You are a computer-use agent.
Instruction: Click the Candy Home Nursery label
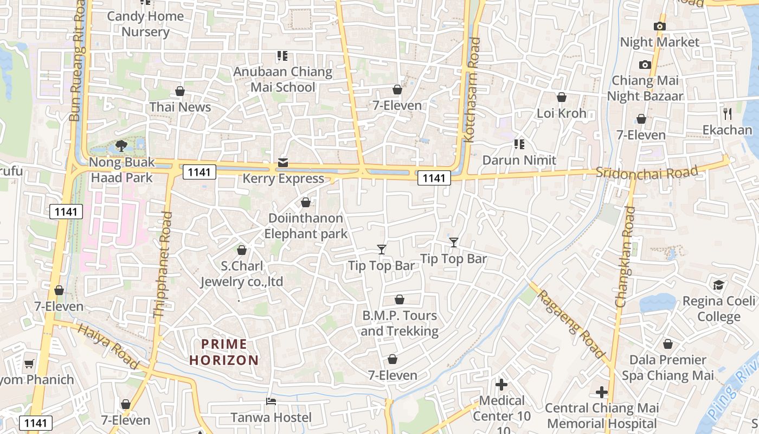click(x=145, y=24)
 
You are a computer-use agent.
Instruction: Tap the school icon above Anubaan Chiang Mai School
click(x=282, y=55)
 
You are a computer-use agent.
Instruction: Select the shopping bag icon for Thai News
click(x=180, y=91)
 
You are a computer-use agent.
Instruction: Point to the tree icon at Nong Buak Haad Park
click(x=121, y=145)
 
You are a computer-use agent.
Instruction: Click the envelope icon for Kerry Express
click(x=283, y=163)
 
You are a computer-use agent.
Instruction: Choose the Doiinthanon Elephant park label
click(x=306, y=226)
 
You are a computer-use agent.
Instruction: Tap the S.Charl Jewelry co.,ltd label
click(x=242, y=274)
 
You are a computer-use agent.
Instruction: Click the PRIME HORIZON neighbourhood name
click(x=224, y=352)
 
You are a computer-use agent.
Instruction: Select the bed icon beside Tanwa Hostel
click(x=271, y=401)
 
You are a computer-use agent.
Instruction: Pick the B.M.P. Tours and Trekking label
click(x=400, y=323)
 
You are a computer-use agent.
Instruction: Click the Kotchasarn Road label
click(x=472, y=90)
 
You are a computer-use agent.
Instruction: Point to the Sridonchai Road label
click(x=646, y=172)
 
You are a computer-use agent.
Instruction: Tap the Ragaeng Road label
click(x=571, y=324)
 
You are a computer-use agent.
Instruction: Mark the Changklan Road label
click(x=626, y=257)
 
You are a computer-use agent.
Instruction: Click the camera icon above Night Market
click(x=660, y=26)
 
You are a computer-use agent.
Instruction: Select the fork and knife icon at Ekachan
click(x=728, y=114)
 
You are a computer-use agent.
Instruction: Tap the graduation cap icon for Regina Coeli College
click(x=718, y=285)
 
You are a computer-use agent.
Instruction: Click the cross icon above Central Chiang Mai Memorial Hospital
click(x=602, y=392)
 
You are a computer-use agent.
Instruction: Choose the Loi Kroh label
click(x=562, y=113)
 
